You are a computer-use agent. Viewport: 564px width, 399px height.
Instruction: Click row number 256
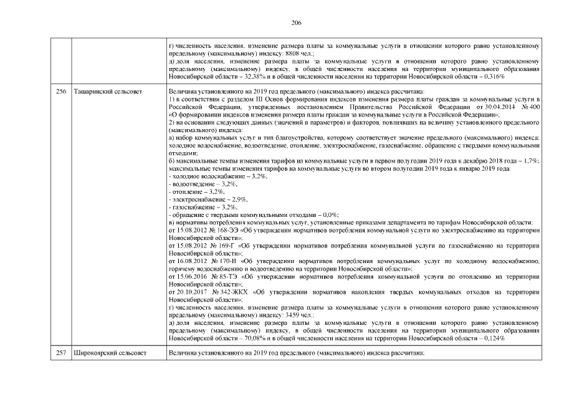coord(61,92)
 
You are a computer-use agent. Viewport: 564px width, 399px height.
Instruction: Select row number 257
coord(61,353)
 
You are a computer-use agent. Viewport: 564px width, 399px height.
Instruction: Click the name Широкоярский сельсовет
coord(110,353)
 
